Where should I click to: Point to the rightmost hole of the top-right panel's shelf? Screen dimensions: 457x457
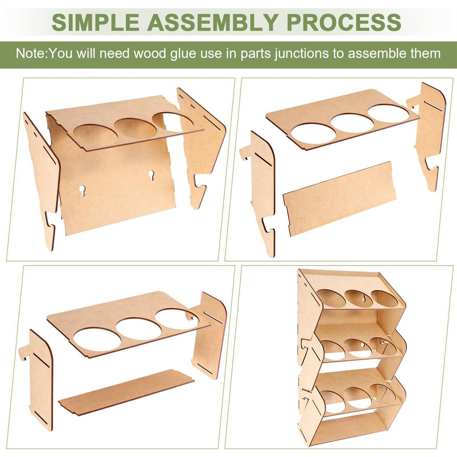[388, 113]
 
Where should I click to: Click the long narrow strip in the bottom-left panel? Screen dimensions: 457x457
[127, 392]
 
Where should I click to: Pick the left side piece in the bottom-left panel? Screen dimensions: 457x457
[40, 379]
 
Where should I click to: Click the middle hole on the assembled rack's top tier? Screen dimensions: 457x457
[358, 299]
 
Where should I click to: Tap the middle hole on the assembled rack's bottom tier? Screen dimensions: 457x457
[359, 398]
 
